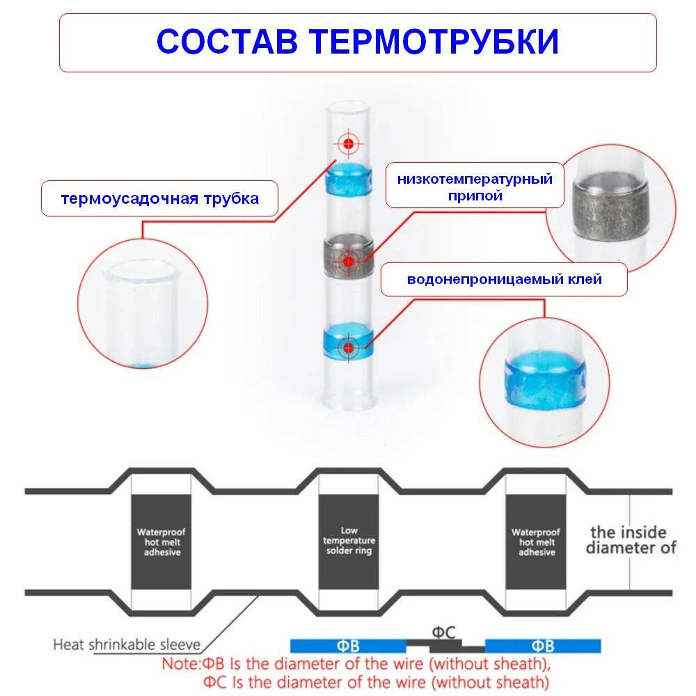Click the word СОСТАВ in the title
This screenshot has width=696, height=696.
pyautogui.click(x=228, y=42)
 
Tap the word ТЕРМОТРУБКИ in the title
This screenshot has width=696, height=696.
pyautogui.click(x=434, y=42)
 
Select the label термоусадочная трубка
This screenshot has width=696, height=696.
pyautogui.click(x=160, y=198)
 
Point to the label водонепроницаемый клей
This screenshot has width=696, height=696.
pyautogui.click(x=504, y=280)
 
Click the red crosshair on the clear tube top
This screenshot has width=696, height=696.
pyautogui.click(x=347, y=143)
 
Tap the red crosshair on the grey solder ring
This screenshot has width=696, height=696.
pyautogui.click(x=347, y=261)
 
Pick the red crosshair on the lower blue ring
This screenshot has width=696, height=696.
pyautogui.click(x=347, y=346)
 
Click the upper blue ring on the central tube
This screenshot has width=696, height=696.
pyautogui.click(x=347, y=179)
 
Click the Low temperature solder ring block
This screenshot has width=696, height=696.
pyautogui.click(x=349, y=541)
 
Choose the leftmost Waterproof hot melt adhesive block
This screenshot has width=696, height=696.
pyautogui.click(x=161, y=541)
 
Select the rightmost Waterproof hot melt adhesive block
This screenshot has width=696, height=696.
pyautogui.click(x=536, y=541)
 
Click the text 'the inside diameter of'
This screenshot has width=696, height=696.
pyautogui.click(x=631, y=540)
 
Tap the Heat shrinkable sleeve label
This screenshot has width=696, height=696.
pyautogui.click(x=127, y=644)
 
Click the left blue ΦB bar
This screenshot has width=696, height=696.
pyautogui.click(x=348, y=646)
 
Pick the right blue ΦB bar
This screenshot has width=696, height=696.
pyautogui.click(x=542, y=646)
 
